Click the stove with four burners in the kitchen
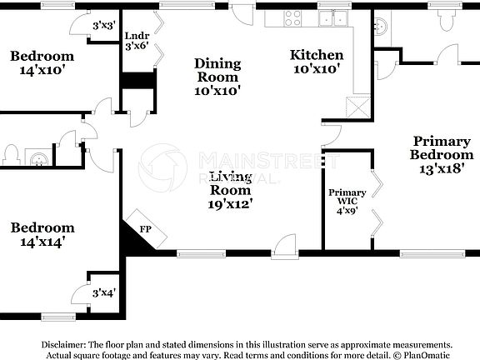[294, 17]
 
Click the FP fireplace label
[144, 227]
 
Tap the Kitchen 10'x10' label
[316, 62]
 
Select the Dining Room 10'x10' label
[217, 77]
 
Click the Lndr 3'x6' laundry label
[136, 42]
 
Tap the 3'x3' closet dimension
[103, 25]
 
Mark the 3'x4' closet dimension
[103, 292]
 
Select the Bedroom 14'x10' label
[42, 63]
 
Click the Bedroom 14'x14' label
[42, 234]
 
